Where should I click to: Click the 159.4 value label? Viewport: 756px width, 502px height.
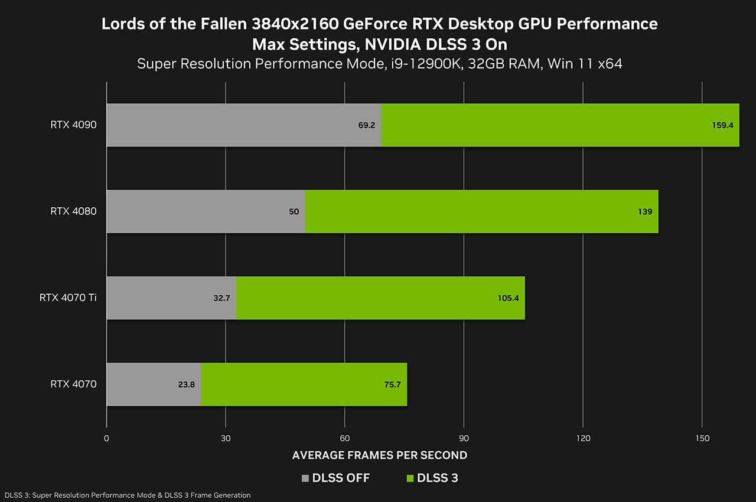[723, 125]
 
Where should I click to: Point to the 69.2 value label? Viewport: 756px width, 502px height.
[366, 125]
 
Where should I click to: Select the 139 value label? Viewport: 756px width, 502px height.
[645, 211]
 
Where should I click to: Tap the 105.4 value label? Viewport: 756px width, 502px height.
[508, 298]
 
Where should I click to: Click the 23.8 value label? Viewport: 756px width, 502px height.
[186, 384]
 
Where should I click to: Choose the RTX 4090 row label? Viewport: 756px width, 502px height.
[73, 125]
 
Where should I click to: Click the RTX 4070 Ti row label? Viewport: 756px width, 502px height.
[68, 297]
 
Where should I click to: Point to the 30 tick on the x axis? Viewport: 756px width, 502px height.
[226, 438]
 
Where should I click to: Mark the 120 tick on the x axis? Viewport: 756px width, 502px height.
[583, 438]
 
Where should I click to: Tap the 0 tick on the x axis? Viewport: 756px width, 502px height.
[106, 438]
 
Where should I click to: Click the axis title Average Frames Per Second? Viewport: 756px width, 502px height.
[380, 455]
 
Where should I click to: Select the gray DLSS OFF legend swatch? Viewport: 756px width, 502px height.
[305, 478]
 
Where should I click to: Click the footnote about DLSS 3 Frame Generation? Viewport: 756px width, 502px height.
[128, 495]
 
